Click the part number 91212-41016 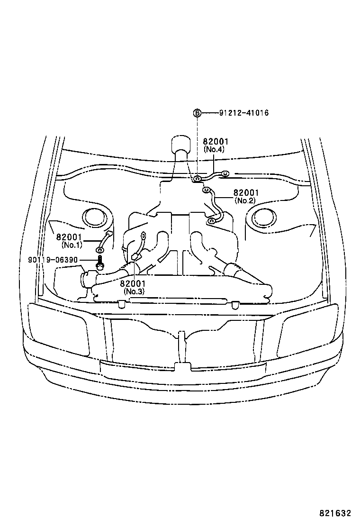244,113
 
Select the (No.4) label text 214,149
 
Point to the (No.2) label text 245,200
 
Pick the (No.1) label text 72,245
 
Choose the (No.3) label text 134,291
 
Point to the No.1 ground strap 105,241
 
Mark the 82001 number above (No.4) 216,141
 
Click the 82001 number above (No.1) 69,237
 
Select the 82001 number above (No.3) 133,283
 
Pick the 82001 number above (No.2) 246,193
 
